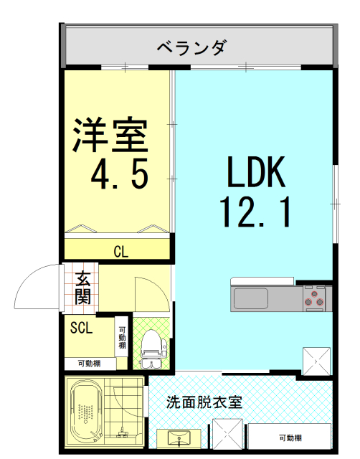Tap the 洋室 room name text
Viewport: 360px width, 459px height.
pyautogui.click(x=110, y=135)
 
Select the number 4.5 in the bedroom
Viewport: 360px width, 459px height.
pyautogui.click(x=120, y=174)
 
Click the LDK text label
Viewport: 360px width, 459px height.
pyautogui.click(x=256, y=172)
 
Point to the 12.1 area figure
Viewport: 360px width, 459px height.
pyautogui.click(x=255, y=212)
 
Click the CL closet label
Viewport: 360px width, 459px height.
pyautogui.click(x=121, y=252)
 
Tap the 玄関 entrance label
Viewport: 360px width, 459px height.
pyautogui.click(x=83, y=288)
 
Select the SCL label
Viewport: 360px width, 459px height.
pyautogui.click(x=81, y=328)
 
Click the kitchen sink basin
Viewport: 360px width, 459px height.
pyautogui.click(x=250, y=298)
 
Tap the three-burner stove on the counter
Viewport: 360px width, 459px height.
pyautogui.click(x=314, y=298)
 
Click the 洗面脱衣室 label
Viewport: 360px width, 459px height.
pyautogui.click(x=204, y=402)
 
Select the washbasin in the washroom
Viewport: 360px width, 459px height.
pyautogui.click(x=179, y=438)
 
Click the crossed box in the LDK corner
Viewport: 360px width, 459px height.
pyautogui.click(x=316, y=361)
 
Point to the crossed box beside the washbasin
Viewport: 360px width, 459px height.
pyautogui.click(x=227, y=433)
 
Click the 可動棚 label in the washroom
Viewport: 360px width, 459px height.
pyautogui.click(x=290, y=437)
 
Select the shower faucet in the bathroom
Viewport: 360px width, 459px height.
pyautogui.click(x=122, y=432)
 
